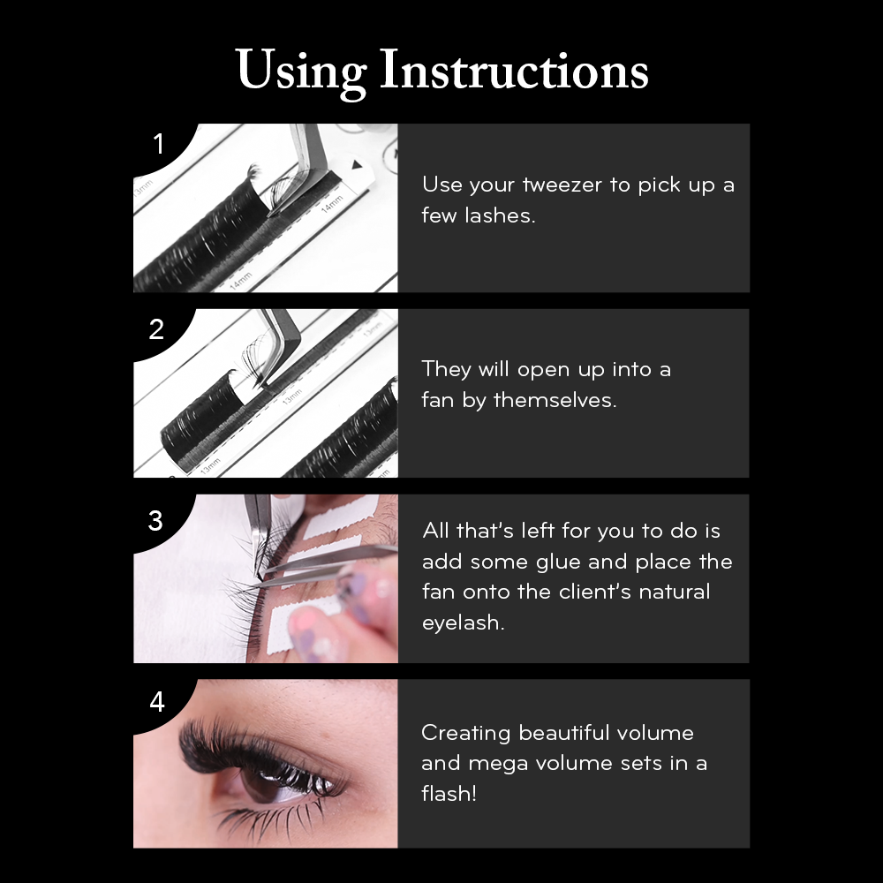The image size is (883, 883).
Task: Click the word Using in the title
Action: (301, 72)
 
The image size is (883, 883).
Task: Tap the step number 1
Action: (159, 144)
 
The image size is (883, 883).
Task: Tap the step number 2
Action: (156, 329)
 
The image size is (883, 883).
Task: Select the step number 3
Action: (156, 521)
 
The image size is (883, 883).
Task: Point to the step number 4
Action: (157, 702)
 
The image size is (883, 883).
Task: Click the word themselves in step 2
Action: (555, 400)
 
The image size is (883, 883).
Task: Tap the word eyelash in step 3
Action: (463, 623)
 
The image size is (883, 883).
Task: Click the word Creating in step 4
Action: (465, 734)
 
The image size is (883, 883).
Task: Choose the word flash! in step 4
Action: (449, 794)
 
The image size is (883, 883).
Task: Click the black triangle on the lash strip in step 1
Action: (357, 165)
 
